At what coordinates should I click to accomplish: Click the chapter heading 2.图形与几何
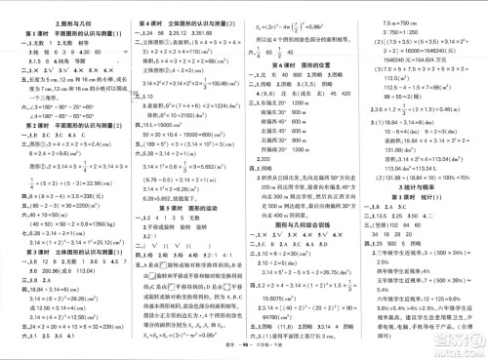[x=60, y=22]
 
